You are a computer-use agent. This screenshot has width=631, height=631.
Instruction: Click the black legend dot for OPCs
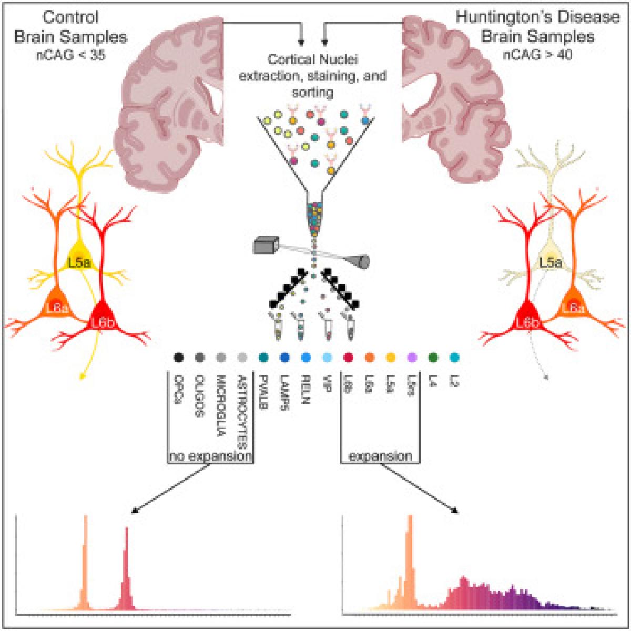pyautogui.click(x=178, y=358)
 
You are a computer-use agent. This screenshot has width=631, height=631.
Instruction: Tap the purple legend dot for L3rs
pyautogui.click(x=412, y=358)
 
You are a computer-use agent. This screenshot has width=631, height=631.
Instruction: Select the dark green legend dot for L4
pyautogui.click(x=433, y=358)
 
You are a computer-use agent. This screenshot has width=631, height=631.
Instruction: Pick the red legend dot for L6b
pyautogui.click(x=348, y=358)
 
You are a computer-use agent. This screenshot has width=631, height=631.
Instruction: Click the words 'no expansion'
pyautogui.click(x=210, y=456)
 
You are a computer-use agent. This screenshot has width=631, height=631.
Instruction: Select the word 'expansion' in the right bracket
pyautogui.click(x=380, y=456)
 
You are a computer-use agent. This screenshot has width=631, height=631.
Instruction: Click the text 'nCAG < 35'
pyautogui.click(x=70, y=54)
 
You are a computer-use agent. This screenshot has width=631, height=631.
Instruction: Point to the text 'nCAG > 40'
pyautogui.click(x=538, y=54)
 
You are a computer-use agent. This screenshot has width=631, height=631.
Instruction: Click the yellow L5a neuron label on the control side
pyautogui.click(x=78, y=261)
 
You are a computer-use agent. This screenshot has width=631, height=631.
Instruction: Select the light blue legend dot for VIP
pyautogui.click(x=327, y=358)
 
